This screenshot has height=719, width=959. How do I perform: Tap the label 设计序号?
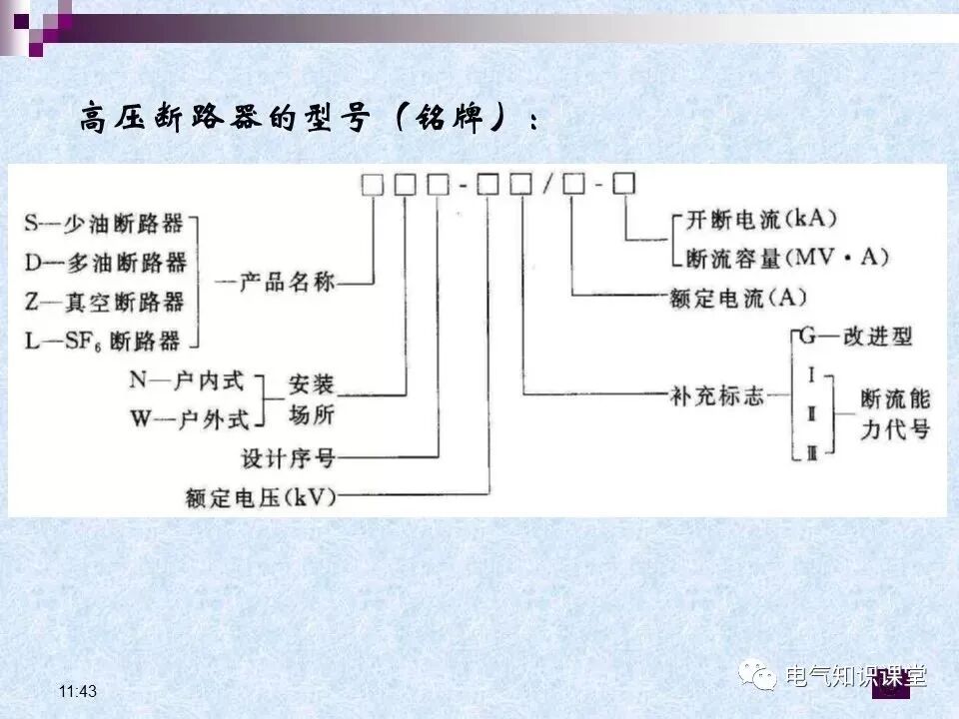(x=289, y=458)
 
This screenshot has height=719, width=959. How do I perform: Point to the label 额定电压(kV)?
(x=262, y=496)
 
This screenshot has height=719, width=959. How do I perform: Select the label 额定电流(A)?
(x=739, y=298)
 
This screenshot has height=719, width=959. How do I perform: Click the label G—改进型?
(x=855, y=336)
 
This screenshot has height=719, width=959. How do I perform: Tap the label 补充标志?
(x=716, y=395)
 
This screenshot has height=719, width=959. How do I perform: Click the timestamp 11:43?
(x=78, y=692)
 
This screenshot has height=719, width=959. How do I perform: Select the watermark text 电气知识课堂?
(x=856, y=677)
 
